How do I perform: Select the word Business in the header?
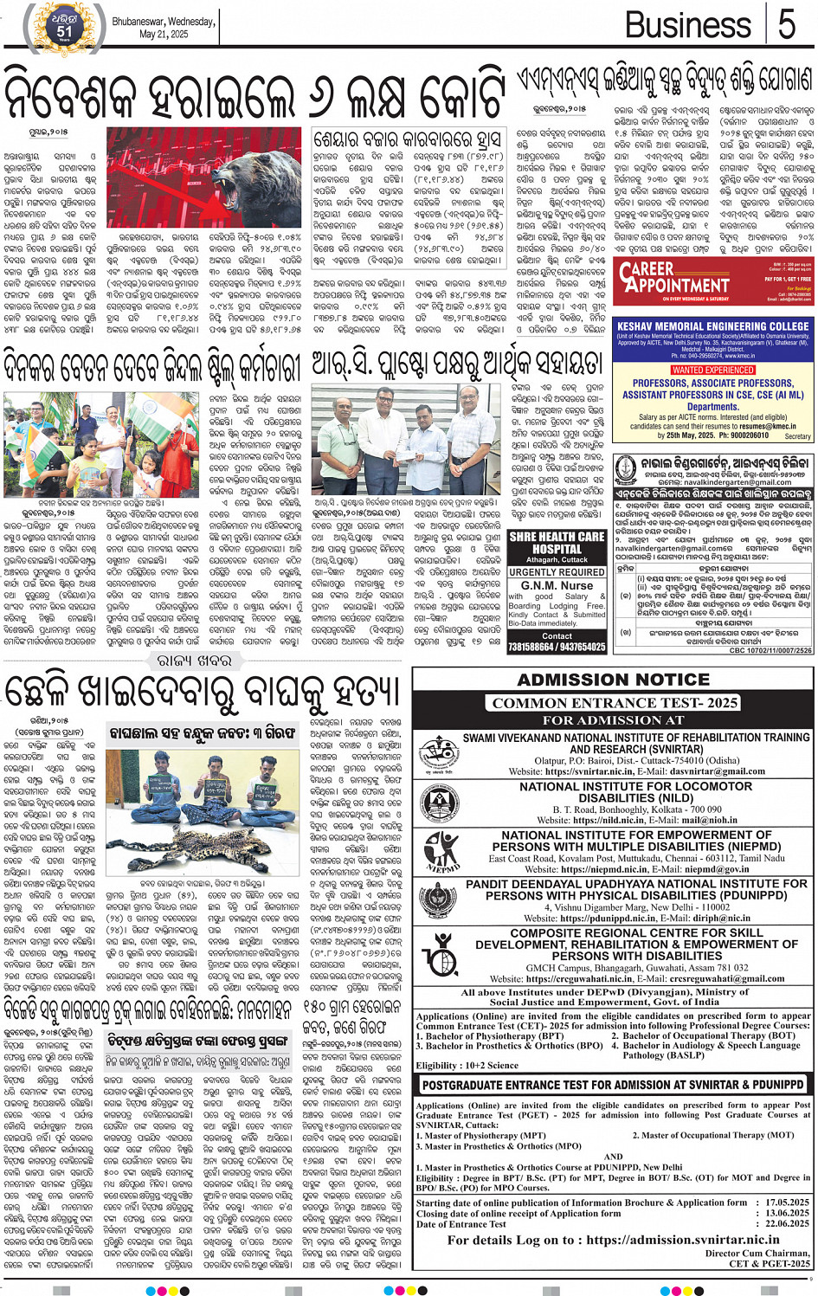[x=689, y=24]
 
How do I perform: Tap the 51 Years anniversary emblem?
[x=65, y=26]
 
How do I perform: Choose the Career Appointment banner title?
[x=675, y=278]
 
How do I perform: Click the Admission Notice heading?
[x=613, y=680]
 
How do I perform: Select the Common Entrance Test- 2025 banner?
[x=614, y=702]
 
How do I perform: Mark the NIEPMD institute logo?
[x=441, y=852]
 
